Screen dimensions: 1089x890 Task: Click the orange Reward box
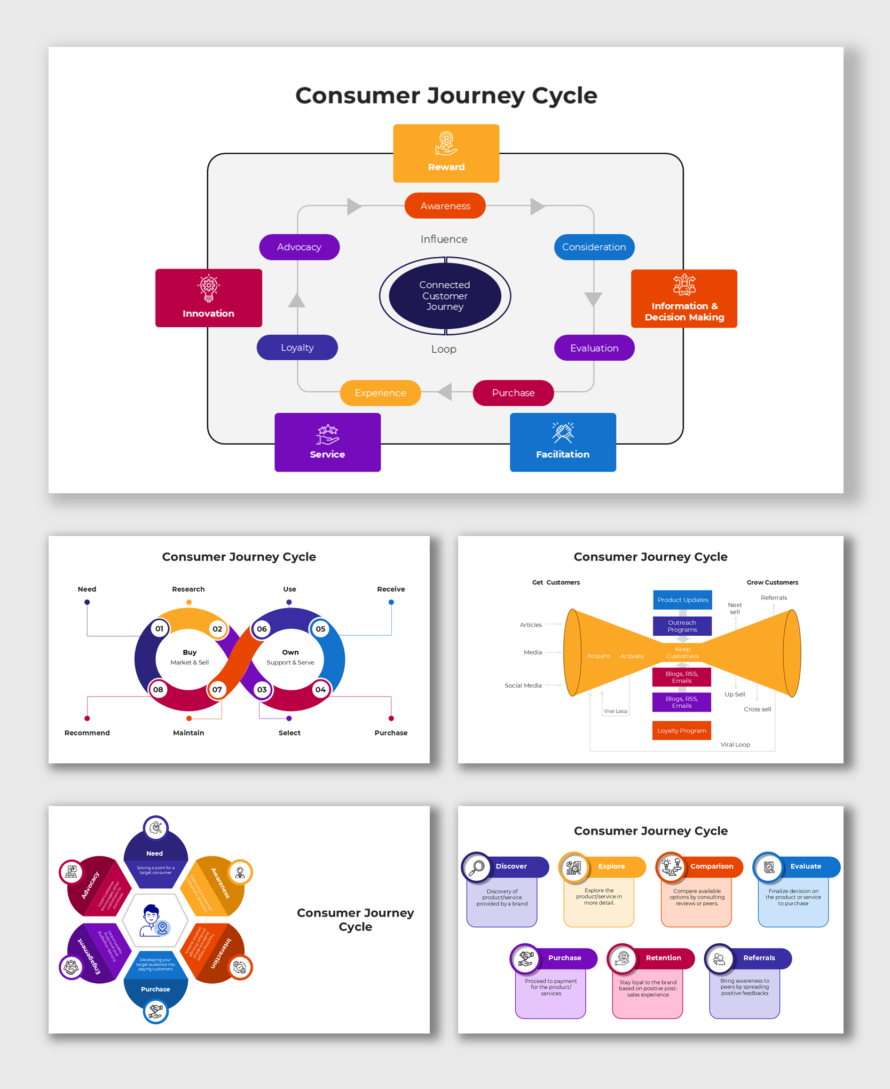446,153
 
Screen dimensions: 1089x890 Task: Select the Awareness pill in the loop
445,206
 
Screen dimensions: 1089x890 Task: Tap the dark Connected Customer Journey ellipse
445,295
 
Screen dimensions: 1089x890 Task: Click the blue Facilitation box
562,442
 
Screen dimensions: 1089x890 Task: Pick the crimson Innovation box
208,298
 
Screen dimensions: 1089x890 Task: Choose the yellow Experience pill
380,393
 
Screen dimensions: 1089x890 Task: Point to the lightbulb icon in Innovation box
208,288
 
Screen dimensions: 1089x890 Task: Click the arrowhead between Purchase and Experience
445,392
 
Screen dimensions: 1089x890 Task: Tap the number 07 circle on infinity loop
217,689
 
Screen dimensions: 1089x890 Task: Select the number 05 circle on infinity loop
320,628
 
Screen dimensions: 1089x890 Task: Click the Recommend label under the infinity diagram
87,732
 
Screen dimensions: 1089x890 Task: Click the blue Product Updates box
682,599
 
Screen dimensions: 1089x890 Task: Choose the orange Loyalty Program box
681,730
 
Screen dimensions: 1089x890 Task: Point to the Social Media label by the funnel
523,685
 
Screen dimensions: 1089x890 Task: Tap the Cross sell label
757,709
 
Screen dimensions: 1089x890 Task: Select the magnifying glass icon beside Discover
476,867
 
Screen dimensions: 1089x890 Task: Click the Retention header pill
664,958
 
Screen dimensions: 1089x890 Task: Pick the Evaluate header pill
806,866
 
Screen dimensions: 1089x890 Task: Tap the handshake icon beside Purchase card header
525,959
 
